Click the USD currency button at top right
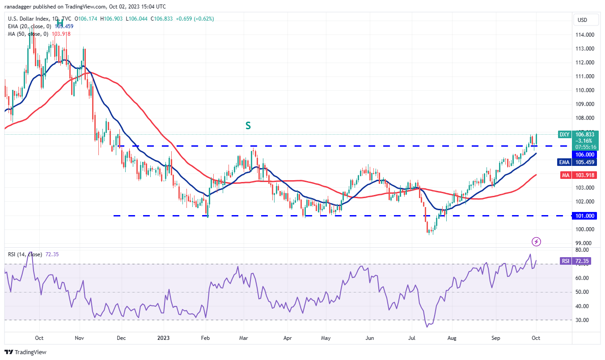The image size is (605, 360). point(582,20)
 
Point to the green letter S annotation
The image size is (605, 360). point(248,126)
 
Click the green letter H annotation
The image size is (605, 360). point(59,21)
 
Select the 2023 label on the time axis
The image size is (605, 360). point(164,338)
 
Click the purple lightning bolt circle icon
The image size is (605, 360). point(537,242)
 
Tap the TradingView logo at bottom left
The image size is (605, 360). point(25,352)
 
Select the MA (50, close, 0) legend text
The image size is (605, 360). point(28,34)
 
